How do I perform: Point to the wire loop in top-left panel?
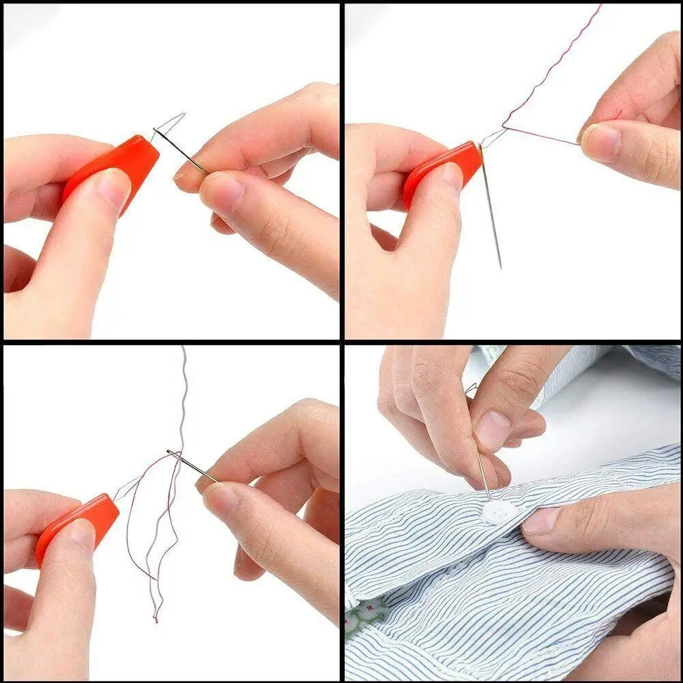pos(167,125)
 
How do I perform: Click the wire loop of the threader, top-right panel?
pos(493,137)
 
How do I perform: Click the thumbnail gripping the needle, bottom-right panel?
pos(491,431)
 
